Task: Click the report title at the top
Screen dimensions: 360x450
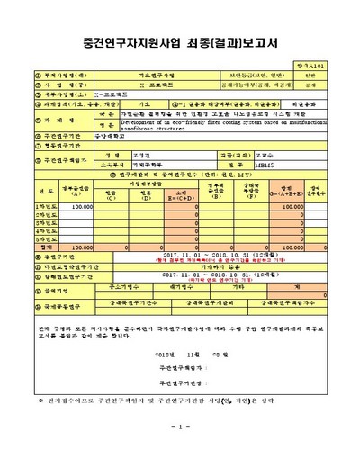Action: [180, 42]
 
